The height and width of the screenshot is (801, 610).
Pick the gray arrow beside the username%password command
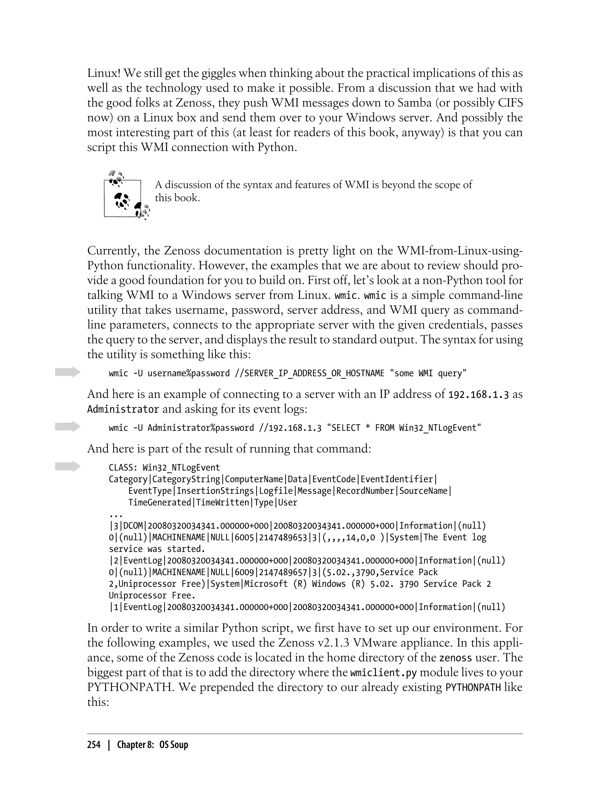click(x=68, y=372)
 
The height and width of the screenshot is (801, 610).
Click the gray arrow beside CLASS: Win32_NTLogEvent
click(x=68, y=466)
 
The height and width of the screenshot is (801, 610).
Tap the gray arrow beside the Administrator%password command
click(x=68, y=426)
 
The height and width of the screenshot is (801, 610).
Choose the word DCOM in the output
click(x=133, y=526)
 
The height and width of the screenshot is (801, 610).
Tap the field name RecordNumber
click(x=365, y=491)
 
